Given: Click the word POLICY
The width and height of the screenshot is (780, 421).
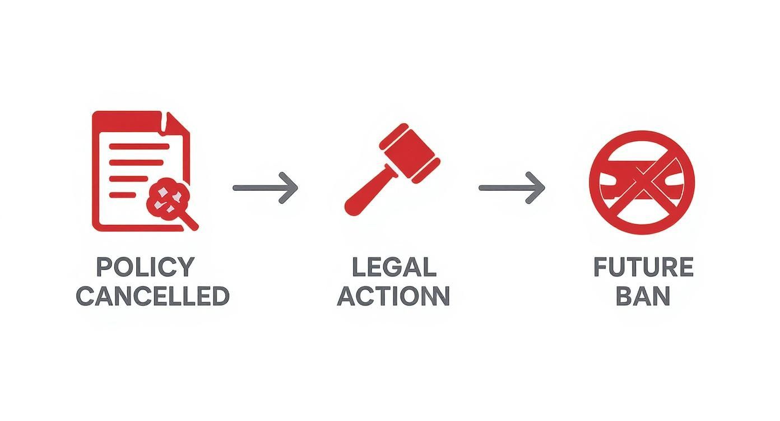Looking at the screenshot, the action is [x=145, y=267].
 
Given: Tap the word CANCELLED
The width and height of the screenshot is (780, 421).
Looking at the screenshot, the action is [x=152, y=296].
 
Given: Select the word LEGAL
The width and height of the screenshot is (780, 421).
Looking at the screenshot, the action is [x=393, y=267].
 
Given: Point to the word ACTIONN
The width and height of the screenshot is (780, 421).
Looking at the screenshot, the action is [x=393, y=296].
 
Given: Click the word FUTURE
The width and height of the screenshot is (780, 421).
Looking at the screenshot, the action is [x=643, y=267].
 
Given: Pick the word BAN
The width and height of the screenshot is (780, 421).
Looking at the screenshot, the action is [x=643, y=296].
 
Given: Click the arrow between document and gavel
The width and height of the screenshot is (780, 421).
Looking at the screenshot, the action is [x=265, y=188].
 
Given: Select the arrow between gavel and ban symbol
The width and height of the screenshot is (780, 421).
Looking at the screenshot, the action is [x=511, y=188].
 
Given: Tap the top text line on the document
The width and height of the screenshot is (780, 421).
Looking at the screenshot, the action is [x=139, y=147].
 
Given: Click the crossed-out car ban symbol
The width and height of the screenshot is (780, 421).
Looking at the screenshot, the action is [x=642, y=182].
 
